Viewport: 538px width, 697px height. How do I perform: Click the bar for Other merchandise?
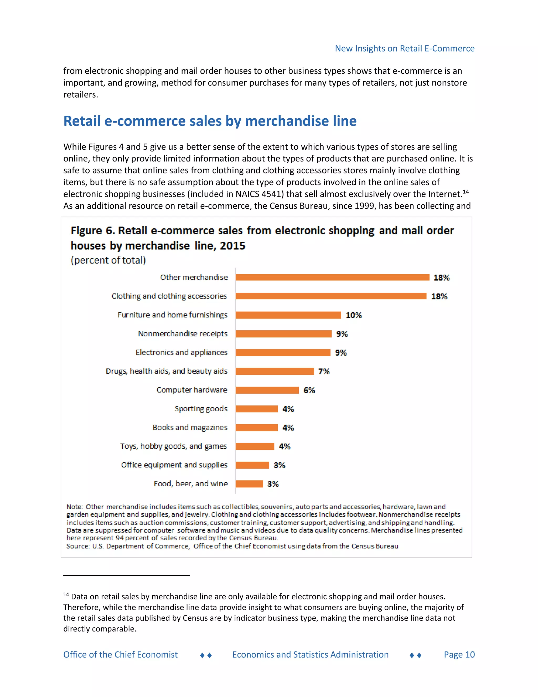tap(332, 277)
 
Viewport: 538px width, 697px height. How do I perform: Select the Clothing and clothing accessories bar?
tap(331, 296)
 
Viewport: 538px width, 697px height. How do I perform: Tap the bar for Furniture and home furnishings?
tap(288, 315)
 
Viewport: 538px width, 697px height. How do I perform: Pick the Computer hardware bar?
tap(267, 390)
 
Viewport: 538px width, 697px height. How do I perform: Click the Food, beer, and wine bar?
tap(249, 484)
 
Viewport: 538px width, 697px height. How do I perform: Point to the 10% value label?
tap(354, 315)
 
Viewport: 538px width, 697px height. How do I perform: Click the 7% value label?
tap(324, 371)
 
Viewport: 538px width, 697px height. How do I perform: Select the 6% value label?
tap(309, 390)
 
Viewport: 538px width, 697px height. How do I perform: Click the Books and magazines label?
tap(190, 428)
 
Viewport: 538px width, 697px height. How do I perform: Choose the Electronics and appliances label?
tap(181, 352)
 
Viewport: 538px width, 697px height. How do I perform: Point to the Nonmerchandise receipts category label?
tap(183, 334)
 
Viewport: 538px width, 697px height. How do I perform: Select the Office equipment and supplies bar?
tap(252, 465)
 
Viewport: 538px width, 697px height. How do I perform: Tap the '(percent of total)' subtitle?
tap(108, 260)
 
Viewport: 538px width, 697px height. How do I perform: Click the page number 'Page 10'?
tap(459, 655)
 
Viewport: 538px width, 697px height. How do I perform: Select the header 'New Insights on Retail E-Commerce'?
tap(405, 48)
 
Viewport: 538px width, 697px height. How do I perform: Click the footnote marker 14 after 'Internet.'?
tap(466, 191)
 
